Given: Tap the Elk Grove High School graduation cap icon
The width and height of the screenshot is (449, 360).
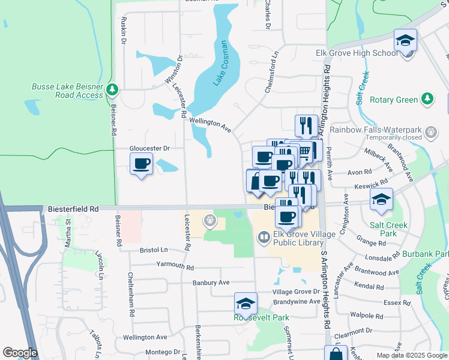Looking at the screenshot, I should click(405, 41).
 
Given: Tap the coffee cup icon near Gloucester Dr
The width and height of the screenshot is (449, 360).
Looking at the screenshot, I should click(142, 164).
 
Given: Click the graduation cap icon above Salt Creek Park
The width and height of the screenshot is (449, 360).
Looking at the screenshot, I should click(381, 200).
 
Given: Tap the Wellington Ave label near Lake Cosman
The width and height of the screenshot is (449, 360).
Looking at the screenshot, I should click(210, 124).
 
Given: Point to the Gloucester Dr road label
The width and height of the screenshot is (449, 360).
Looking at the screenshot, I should click(150, 148).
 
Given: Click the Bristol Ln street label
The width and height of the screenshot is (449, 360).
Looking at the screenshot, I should click(154, 249).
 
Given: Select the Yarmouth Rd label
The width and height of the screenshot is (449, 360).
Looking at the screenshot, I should click(175, 265).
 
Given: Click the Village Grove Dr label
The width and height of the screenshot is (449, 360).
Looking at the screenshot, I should click(294, 292).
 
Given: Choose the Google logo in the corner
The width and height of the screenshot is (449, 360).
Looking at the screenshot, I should click(20, 353).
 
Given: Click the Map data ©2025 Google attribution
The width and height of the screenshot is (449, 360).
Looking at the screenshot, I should click(411, 355).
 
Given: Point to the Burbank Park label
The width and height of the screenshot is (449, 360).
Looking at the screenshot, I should click(432, 254).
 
